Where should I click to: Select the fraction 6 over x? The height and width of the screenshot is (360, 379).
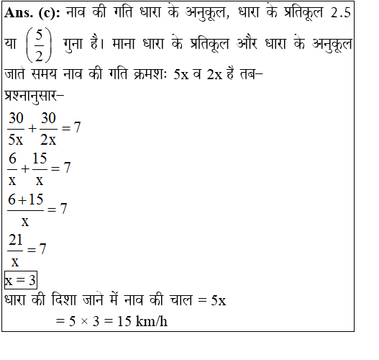12,168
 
